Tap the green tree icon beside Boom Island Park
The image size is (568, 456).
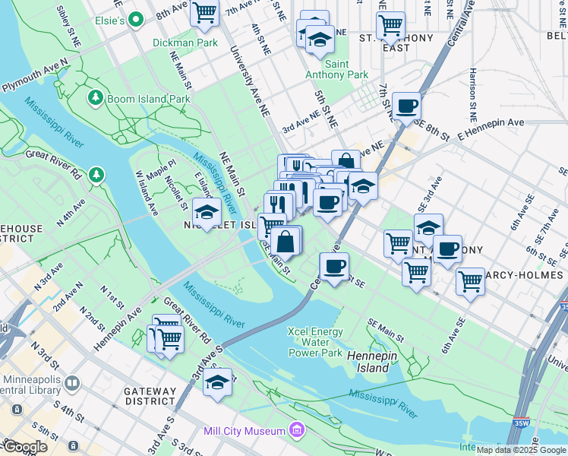tap(96, 97)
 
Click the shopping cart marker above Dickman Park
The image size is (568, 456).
tap(204, 12)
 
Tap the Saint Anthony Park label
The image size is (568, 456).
tap(336, 69)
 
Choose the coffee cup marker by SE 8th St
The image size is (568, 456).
tap(406, 106)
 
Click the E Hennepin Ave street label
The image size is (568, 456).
tap(491, 128)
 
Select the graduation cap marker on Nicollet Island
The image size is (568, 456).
tap(207, 211)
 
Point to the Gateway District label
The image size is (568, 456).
tap(150, 395)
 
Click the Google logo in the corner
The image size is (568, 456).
tap(25, 447)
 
